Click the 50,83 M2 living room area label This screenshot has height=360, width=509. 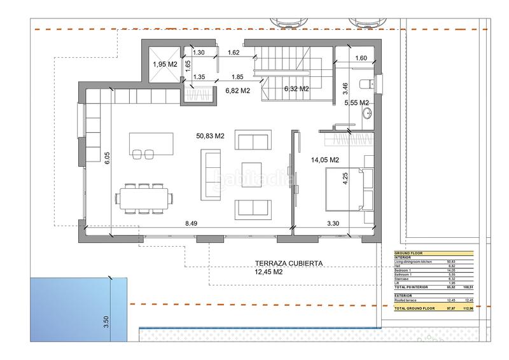tap(211, 135)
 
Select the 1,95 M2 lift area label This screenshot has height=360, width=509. tap(164, 65)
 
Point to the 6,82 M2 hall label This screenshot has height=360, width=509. tap(237, 92)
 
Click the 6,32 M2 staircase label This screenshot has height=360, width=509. tap(296, 88)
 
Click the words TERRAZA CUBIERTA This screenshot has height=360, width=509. tap(289, 263)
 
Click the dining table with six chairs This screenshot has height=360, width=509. tap(144, 198)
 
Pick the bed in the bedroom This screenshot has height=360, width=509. tap(347, 190)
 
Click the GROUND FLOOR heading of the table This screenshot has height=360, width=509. tap(408, 253)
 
